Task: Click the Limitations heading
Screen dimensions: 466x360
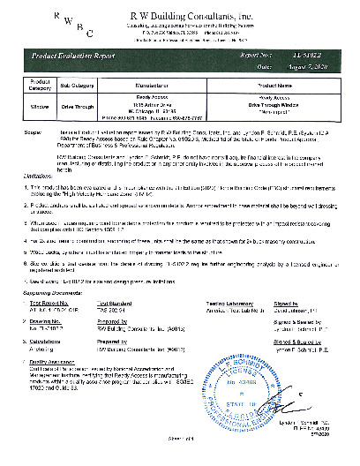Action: (x=41, y=176)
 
